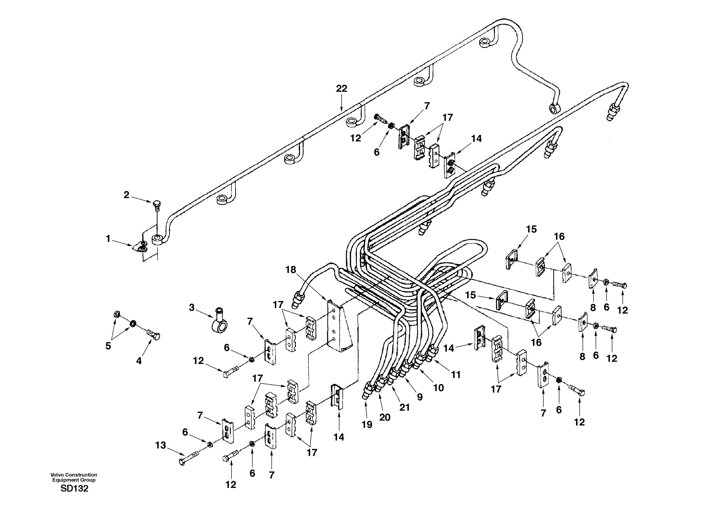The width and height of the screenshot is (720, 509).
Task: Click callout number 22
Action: (x=342, y=89)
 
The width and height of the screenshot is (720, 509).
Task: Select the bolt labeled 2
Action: (x=157, y=206)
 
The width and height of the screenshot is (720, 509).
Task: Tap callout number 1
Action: (x=108, y=239)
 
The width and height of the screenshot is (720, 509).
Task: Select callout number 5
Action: (x=108, y=346)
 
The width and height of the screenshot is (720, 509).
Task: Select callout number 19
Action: (x=367, y=424)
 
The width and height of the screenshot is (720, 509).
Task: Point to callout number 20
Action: (x=385, y=417)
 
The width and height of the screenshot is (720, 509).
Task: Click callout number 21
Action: (x=405, y=407)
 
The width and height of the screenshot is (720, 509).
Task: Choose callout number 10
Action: (x=438, y=388)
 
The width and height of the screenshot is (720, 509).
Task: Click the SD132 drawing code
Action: (x=74, y=489)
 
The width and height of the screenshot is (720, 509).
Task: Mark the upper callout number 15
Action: (x=532, y=229)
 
